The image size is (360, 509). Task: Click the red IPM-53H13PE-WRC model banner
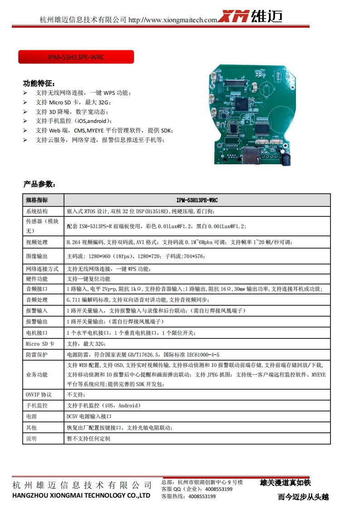pos(76,57)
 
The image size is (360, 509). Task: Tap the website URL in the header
pos(173,20)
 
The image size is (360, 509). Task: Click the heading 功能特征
pos(39,83)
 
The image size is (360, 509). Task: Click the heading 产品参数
pos(39,184)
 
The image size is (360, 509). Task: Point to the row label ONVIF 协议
pos(39,395)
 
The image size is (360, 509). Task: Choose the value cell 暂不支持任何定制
pos(88,439)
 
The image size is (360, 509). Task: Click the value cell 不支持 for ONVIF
pos(73,395)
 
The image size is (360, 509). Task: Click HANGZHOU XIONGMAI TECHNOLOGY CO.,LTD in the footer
pos(81,495)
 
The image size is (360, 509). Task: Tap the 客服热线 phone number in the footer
pos(202,496)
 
